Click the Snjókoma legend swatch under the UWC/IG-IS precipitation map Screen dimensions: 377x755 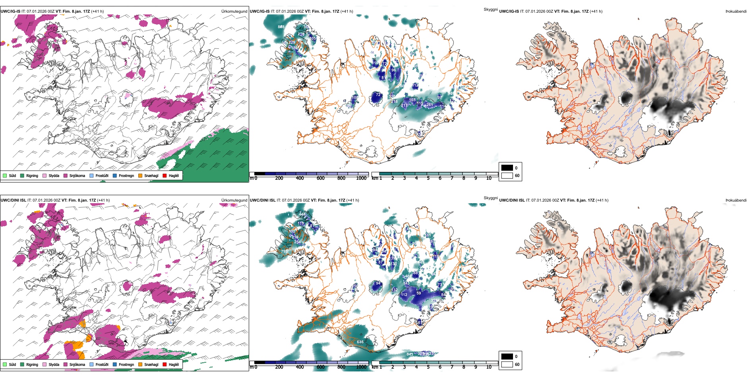tap(66, 176)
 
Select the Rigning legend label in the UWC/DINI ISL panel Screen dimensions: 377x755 tap(32, 365)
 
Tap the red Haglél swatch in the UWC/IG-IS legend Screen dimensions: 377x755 tap(165, 176)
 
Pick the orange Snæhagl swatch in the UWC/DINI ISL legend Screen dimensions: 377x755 tap(140, 365)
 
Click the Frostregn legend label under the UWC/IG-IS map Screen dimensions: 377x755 tap(126, 176)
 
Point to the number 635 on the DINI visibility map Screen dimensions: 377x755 tap(360, 342)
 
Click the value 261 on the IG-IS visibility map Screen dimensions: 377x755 tap(430, 105)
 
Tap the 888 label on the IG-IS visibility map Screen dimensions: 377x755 tap(281, 27)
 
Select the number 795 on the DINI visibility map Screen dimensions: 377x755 tap(284, 252)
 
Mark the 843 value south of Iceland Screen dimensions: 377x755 tap(410, 354)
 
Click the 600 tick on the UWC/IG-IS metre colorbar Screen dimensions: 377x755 tap(321, 179)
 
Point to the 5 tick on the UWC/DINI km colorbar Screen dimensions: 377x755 tap(428, 367)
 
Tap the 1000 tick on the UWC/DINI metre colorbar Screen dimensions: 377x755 tap(361, 367)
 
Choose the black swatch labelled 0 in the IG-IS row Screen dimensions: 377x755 tap(507, 168)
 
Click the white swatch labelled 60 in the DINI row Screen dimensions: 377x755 tap(507, 364)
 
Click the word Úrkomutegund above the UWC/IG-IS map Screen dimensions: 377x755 tap(234, 12)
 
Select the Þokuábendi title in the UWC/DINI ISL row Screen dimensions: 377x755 tap(736, 200)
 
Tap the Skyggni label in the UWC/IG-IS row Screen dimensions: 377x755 tap(490, 10)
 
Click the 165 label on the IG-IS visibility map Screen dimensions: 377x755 tap(412, 100)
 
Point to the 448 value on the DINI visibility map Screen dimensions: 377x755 tap(302, 214)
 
